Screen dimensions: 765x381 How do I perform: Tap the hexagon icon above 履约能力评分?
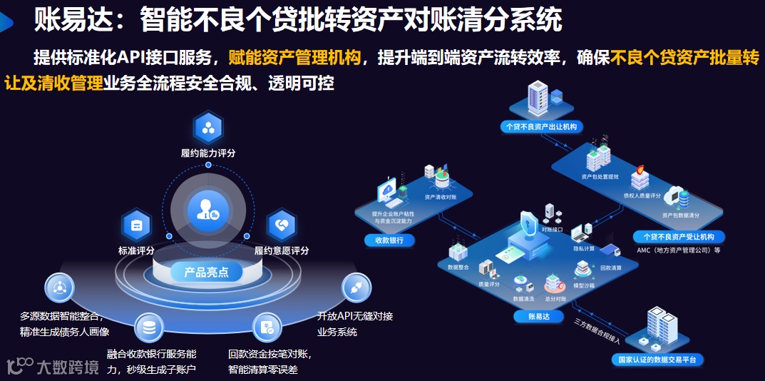(208, 128)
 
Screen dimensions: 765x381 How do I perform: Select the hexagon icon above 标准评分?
(136, 225)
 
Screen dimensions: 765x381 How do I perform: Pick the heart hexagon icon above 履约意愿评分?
(281, 225)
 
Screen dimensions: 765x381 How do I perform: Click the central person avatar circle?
(208, 209)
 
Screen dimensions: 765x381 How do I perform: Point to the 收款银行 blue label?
(389, 240)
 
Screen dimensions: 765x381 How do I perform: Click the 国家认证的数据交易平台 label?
(658, 360)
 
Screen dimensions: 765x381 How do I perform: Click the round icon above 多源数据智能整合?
(59, 288)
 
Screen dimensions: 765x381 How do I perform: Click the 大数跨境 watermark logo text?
(67, 367)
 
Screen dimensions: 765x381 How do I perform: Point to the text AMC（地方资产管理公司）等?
(678, 250)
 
